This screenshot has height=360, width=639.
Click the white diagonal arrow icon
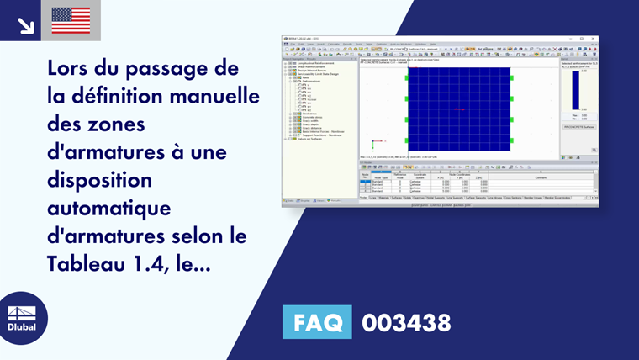25,24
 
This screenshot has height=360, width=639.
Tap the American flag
71,20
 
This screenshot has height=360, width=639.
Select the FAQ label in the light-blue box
318,322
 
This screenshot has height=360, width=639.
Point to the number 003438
406,322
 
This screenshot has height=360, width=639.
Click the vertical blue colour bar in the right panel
576,90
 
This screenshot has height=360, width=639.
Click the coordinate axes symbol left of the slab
378,141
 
